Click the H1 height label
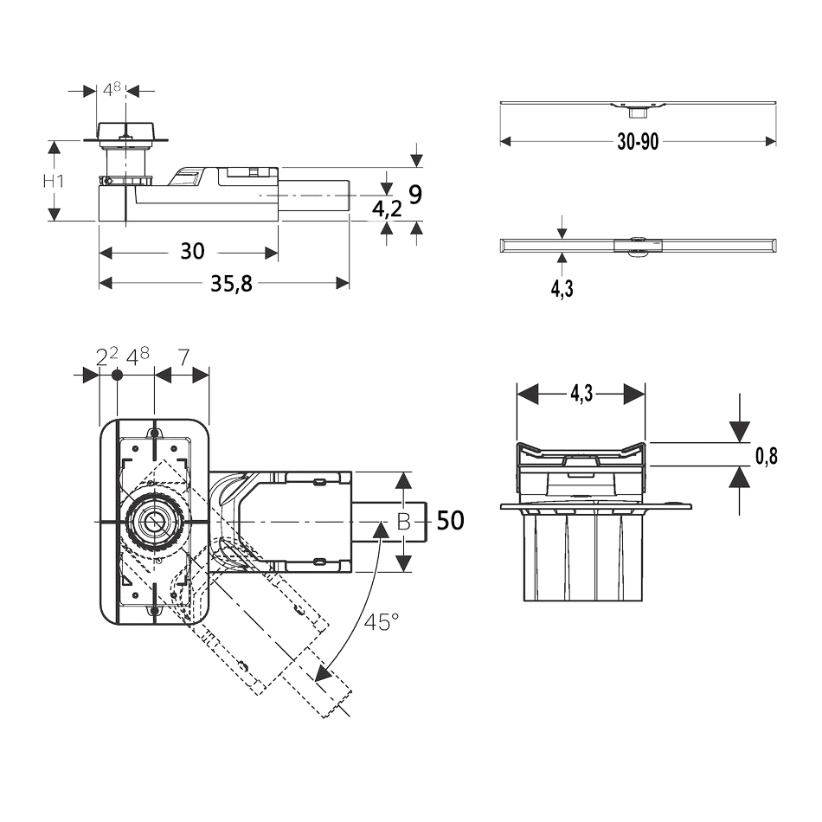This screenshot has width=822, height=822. pos(54,182)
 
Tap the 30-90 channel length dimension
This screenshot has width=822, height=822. pos(638,142)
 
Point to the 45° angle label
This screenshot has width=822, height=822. pos(381,621)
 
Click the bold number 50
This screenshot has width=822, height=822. pos(450,521)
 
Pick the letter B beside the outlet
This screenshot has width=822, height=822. pos(403,521)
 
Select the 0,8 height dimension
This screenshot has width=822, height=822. pos(766,457)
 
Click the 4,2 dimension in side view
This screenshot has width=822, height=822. pos(386,208)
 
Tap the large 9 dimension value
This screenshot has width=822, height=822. pos(415,196)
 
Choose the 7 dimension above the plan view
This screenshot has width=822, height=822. pos(183,356)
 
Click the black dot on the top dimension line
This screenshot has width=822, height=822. pos(119,375)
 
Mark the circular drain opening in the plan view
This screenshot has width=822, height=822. pos(154,522)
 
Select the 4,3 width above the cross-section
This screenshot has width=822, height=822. pos(581,394)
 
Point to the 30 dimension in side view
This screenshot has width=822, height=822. pos(192,252)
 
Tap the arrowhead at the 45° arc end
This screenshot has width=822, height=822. pos(321,675)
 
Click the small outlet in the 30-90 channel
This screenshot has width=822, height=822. pos(637,110)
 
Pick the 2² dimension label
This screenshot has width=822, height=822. pos(106,356)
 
